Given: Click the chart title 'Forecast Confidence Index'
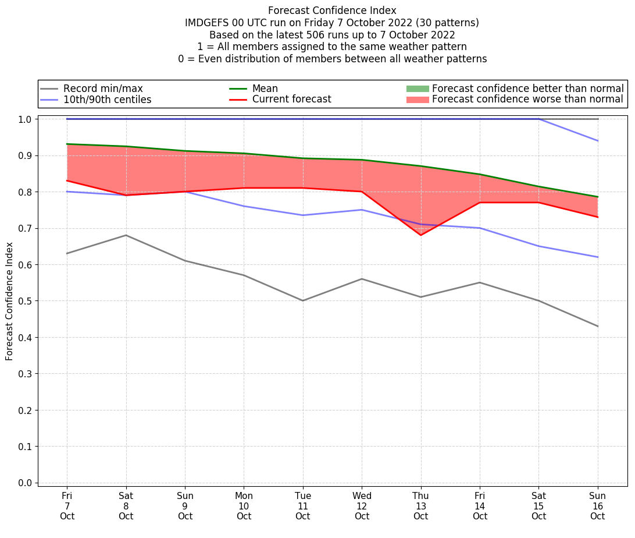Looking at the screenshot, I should pos(332,10).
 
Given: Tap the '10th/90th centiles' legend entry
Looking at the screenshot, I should pos(107,100).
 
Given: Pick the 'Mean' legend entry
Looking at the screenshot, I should pos(265,89).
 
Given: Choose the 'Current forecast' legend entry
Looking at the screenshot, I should pos(291,100).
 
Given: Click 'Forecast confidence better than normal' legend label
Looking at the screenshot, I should pos(527,89).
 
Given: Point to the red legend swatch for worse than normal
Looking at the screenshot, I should pos(418,100).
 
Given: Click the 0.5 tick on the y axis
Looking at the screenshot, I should pos(27,301).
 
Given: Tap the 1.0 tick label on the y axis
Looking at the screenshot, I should pos(27,119).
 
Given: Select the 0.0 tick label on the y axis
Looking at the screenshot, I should pos(27,483).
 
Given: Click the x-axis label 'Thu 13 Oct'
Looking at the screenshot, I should pos(420,505).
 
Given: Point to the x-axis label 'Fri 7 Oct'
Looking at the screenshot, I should pos(67,505).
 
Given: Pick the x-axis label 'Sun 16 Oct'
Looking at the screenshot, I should pos(597,505).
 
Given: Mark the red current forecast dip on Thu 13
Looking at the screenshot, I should pos(420,235).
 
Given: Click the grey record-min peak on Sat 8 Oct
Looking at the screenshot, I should pos(126,235).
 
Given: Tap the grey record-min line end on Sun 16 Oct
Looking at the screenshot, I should pos(597,326).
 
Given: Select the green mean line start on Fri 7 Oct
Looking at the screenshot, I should pos(67,144).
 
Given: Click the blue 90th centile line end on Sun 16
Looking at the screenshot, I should pos(597,141).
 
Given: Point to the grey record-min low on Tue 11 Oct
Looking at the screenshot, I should pos(303,300).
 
